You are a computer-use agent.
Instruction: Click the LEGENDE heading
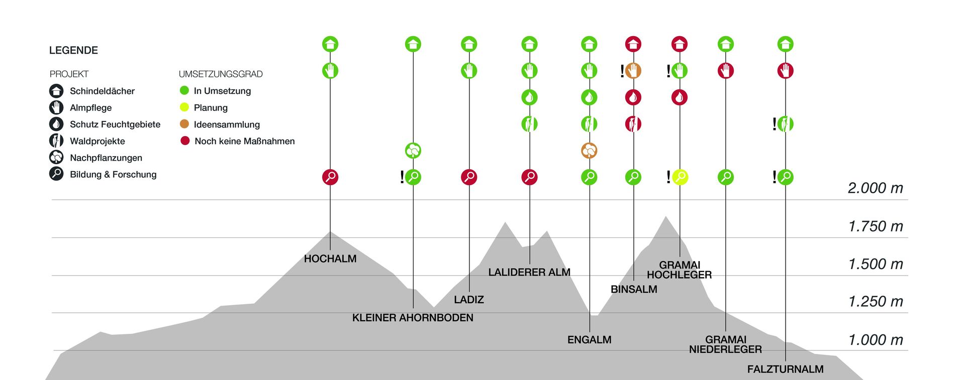click(73, 50)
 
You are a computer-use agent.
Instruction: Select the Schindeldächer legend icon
click(56, 91)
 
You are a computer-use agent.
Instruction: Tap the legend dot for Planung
click(184, 107)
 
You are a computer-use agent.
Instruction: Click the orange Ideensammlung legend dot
click(184, 124)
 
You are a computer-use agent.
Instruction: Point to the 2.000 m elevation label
click(875, 188)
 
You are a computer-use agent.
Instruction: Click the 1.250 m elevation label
click(875, 302)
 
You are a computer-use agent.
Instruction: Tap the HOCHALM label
click(330, 259)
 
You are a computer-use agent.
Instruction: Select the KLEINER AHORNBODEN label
click(413, 318)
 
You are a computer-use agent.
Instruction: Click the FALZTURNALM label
click(785, 369)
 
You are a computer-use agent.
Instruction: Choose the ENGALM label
click(589, 340)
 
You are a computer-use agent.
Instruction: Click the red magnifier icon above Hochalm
click(330, 177)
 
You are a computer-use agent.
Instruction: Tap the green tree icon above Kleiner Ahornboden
click(413, 150)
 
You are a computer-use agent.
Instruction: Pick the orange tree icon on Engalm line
click(589, 150)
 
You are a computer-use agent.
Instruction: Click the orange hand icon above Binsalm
click(633, 71)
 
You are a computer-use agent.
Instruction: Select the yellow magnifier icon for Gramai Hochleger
click(680, 177)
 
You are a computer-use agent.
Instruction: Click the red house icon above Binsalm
click(633, 44)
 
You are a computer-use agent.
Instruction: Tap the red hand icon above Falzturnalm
click(785, 71)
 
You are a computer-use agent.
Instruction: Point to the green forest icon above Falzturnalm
click(785, 123)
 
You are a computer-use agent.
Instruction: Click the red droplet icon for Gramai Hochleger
click(680, 97)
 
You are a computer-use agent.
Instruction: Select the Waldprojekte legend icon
click(56, 141)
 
